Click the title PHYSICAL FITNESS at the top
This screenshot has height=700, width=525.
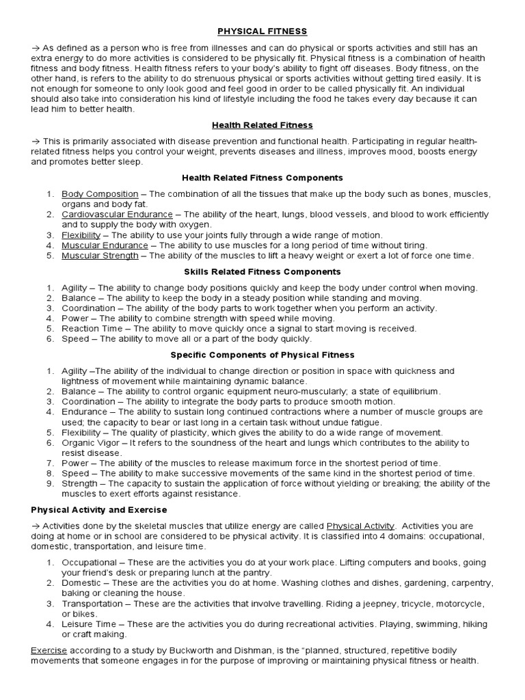pos(262,31)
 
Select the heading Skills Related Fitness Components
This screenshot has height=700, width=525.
pos(262,272)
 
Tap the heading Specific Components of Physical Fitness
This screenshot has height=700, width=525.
pos(262,355)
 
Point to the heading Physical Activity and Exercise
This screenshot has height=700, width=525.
pos(99,510)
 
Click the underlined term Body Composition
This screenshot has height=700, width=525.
pos(100,194)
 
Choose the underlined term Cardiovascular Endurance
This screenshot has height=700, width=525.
pos(117,215)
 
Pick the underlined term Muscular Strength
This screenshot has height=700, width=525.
pos(100,256)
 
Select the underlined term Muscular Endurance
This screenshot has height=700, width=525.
pos(105,245)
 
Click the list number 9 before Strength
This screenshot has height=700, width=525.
pos(50,484)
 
